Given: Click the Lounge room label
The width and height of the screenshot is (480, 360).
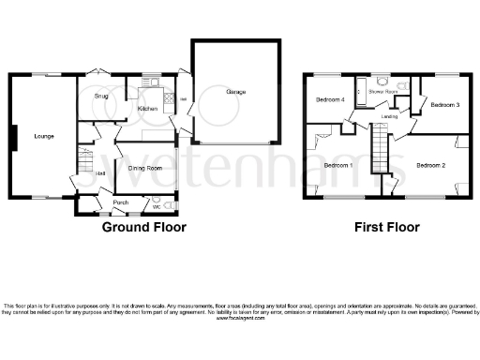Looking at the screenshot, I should pyautogui.click(x=44, y=137).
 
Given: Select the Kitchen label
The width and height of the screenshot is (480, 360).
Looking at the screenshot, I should pyautogui.click(x=147, y=110).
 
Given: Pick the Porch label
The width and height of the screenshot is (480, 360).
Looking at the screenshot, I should pyautogui.click(x=120, y=202).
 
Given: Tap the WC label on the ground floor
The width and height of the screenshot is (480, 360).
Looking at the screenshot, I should pyautogui.click(x=157, y=206).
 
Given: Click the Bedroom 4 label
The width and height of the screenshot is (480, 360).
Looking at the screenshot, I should pyautogui.click(x=329, y=99).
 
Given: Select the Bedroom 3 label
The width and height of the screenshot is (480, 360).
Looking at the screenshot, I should pyautogui.click(x=443, y=105).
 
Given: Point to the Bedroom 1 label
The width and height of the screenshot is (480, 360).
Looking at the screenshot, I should pyautogui.click(x=337, y=166).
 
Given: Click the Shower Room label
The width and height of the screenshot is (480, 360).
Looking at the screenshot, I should pyautogui.click(x=382, y=92).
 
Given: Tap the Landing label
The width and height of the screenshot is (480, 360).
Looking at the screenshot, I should pyautogui.click(x=391, y=117).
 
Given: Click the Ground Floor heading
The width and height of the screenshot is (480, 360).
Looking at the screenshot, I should pyautogui.click(x=143, y=227).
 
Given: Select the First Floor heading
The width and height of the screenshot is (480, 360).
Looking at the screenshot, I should pyautogui.click(x=386, y=227).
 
